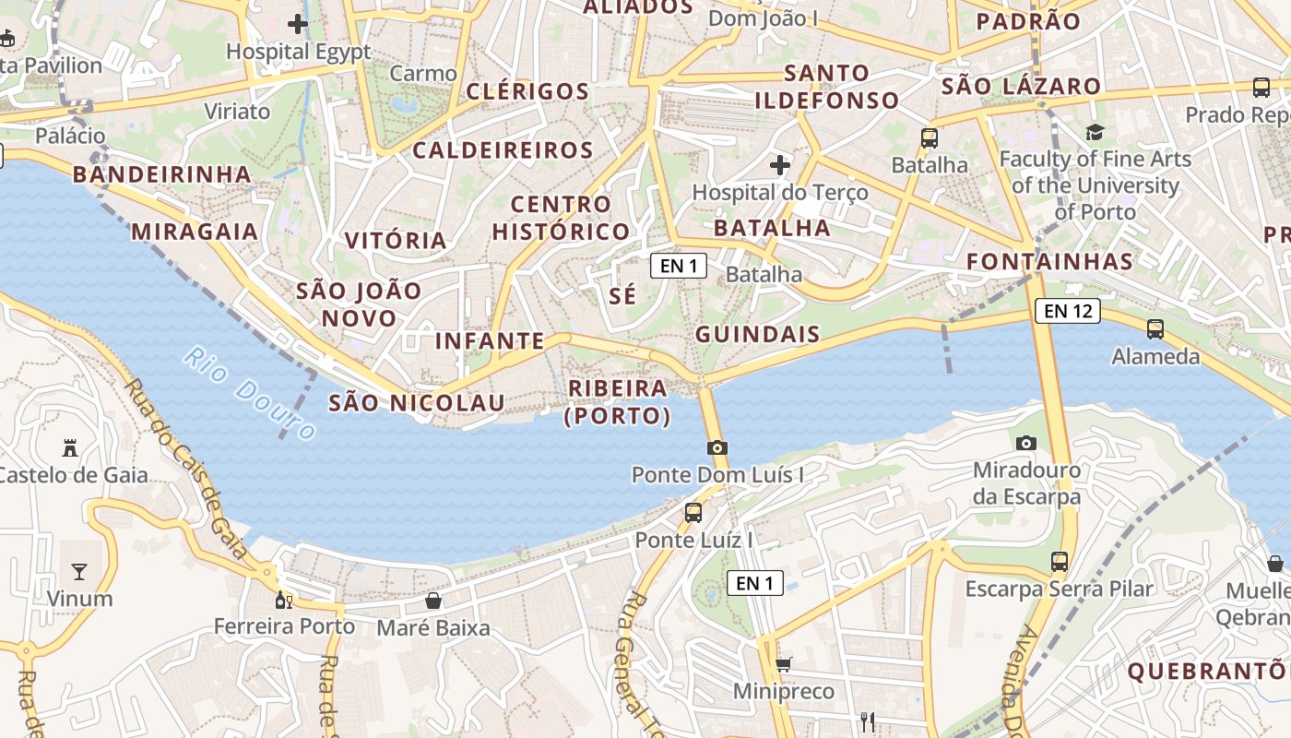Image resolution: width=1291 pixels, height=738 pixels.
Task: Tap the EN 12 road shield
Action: tap(1068, 311)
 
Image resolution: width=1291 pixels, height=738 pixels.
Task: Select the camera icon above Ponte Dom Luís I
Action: tap(717, 447)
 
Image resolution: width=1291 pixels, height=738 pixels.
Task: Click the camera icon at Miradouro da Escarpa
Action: tap(1025, 443)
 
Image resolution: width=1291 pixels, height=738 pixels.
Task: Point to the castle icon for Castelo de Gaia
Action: tap(69, 448)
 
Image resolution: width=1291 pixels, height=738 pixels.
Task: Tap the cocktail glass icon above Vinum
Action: tap(79, 571)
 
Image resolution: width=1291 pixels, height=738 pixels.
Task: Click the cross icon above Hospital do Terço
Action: tap(780, 165)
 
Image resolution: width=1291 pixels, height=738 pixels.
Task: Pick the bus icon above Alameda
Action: tap(1155, 328)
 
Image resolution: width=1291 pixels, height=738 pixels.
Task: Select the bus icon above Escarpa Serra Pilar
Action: tap(1060, 561)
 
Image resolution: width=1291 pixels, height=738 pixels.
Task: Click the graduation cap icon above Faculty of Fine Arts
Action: tap(1095, 132)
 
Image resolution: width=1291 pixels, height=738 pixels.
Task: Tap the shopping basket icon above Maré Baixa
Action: tap(432, 601)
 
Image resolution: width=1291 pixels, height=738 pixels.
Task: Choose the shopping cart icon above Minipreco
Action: tap(784, 664)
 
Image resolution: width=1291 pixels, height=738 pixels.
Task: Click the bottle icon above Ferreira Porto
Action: tap(284, 600)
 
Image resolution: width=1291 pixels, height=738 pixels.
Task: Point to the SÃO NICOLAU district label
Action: tap(417, 403)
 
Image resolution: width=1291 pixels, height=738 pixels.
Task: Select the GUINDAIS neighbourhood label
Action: tap(758, 334)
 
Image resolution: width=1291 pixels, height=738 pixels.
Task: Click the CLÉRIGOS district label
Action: tap(527, 91)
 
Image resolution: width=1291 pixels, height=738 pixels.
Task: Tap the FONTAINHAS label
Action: tap(1049, 261)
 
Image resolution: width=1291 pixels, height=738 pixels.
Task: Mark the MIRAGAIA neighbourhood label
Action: tap(195, 231)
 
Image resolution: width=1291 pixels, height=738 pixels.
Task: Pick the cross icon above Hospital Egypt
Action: tap(298, 23)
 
